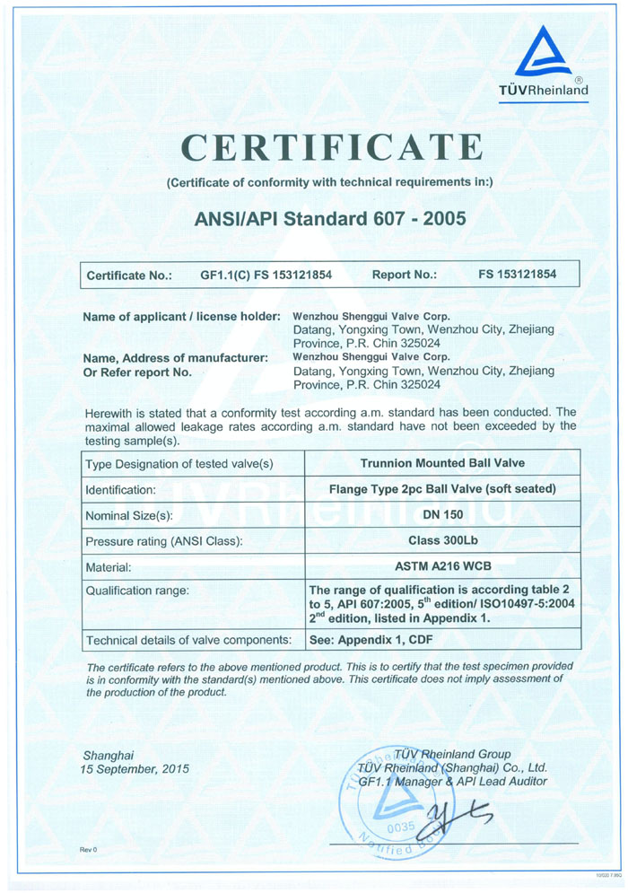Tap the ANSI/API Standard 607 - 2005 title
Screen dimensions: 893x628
point(330,218)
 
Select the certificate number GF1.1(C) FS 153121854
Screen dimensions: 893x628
point(266,276)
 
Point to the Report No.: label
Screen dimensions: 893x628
point(404,276)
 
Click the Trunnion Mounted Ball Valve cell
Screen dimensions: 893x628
point(442,464)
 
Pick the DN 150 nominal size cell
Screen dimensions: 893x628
point(442,515)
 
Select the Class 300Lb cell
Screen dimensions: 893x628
point(442,541)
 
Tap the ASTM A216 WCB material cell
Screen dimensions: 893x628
point(442,567)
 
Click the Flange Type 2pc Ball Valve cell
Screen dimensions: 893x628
point(442,490)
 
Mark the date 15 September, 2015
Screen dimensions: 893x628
point(135,770)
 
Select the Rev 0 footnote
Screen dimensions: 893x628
point(88,849)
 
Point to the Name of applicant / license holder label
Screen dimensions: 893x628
point(180,317)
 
